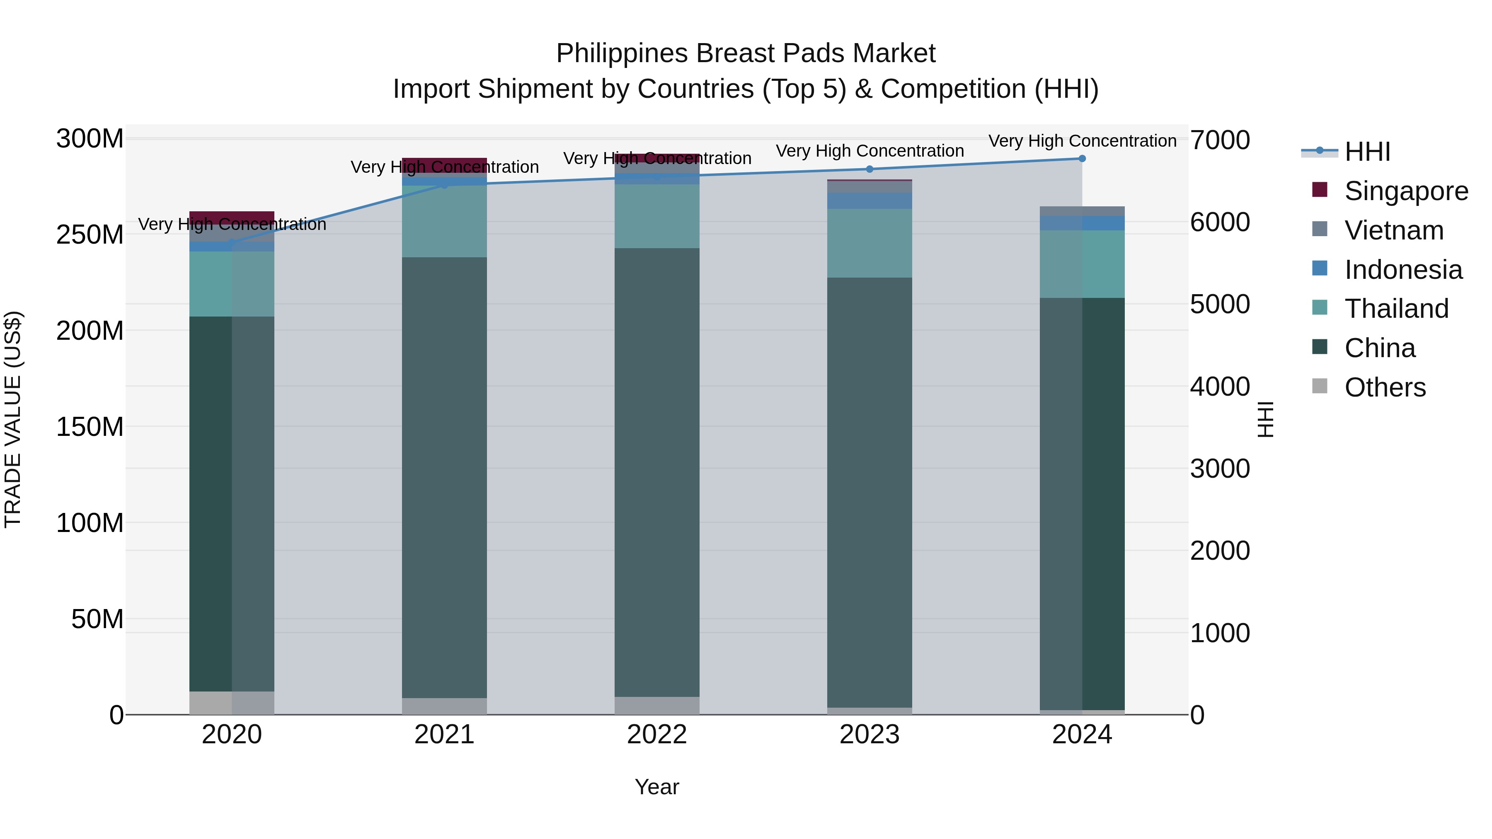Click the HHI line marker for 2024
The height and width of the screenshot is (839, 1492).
tap(1082, 159)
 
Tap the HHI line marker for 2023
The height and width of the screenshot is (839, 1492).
tap(870, 169)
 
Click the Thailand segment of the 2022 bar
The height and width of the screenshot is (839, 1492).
tap(657, 216)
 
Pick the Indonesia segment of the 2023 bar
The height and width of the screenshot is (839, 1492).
tap(870, 201)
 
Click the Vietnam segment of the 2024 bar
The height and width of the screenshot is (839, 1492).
tap(1082, 211)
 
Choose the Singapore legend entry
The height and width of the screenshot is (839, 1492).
tap(1406, 191)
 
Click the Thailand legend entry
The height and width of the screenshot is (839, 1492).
tap(1396, 309)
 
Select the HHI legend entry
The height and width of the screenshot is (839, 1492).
tap(1367, 152)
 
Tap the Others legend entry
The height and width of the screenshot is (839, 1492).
tap(1384, 387)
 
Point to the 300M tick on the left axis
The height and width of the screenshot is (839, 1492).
tap(90, 139)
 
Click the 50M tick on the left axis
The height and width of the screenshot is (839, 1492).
tap(97, 619)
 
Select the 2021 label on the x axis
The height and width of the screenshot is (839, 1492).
tap(444, 735)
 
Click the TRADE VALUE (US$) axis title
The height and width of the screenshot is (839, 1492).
tap(13, 419)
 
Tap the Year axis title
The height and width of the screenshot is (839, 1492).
tap(657, 787)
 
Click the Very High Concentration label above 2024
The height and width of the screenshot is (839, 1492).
tap(1082, 141)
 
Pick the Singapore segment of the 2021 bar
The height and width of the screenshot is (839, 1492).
tap(444, 165)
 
